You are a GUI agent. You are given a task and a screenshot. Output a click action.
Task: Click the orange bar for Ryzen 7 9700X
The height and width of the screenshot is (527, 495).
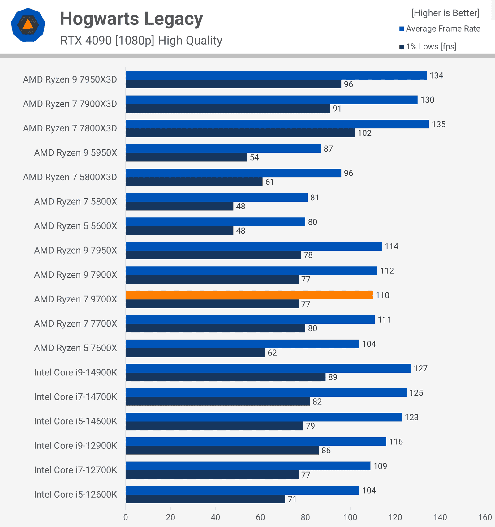pyautogui.click(x=249, y=295)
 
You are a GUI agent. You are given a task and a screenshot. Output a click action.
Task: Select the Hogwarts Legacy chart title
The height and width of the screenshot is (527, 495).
pyautogui.click(x=131, y=19)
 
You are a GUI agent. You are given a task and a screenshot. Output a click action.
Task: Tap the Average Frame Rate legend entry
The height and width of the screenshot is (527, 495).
pyautogui.click(x=440, y=29)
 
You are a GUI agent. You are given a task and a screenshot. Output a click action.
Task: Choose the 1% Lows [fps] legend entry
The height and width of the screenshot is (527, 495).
pyautogui.click(x=428, y=47)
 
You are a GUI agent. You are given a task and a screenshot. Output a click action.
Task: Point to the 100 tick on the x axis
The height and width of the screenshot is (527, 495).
pyautogui.click(x=350, y=517)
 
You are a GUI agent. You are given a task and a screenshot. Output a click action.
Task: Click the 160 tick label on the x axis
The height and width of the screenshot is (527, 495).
pyautogui.click(x=485, y=517)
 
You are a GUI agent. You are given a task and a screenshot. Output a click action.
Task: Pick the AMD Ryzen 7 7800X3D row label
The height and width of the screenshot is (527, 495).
pyautogui.click(x=70, y=128)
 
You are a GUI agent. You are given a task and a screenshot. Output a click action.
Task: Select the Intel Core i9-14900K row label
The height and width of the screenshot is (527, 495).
pyautogui.click(x=75, y=372)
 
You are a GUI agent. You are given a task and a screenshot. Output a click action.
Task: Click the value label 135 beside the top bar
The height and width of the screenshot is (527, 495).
pyautogui.click(x=439, y=124)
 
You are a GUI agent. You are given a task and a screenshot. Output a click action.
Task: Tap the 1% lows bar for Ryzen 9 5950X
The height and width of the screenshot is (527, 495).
pyautogui.click(x=186, y=157)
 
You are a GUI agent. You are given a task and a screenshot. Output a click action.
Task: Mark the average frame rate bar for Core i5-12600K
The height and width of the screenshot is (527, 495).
pyautogui.click(x=242, y=490)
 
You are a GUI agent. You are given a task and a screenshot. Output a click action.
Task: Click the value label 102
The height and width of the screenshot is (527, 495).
pyautogui.click(x=364, y=133)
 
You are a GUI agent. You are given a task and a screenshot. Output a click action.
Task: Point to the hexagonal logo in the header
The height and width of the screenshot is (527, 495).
pyautogui.click(x=28, y=25)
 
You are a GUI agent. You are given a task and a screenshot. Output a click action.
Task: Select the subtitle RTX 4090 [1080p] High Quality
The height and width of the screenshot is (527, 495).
pyautogui.click(x=141, y=41)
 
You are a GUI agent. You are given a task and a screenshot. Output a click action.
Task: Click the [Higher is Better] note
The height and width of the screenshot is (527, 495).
pyautogui.click(x=445, y=13)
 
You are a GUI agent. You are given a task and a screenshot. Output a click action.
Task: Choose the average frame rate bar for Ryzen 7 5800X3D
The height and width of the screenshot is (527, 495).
pyautogui.click(x=233, y=173)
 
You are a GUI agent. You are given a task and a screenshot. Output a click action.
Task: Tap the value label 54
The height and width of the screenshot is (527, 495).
pyautogui.click(x=254, y=157)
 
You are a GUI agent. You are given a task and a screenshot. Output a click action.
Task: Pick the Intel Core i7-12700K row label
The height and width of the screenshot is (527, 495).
pyautogui.click(x=75, y=470)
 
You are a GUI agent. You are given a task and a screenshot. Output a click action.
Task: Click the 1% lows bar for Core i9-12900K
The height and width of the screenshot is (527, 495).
pyautogui.click(x=222, y=450)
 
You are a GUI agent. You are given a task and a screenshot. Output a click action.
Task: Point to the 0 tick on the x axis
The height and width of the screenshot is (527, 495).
pyautogui.click(x=126, y=517)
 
